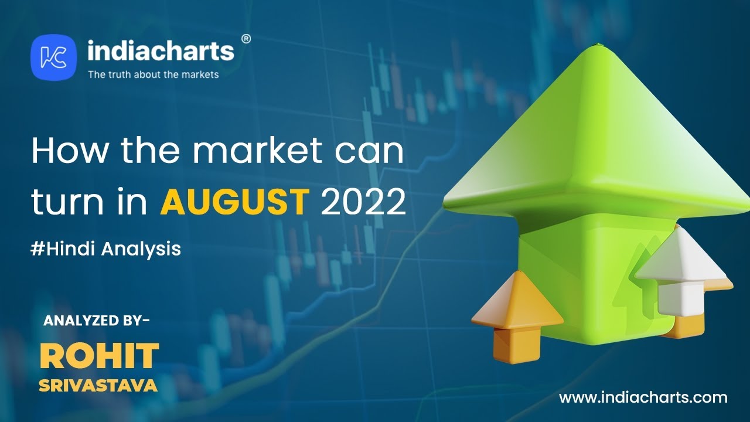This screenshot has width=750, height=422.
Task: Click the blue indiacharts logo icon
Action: click(53, 57)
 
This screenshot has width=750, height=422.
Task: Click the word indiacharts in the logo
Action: click(161, 51)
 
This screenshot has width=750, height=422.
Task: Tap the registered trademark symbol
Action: click(246, 39)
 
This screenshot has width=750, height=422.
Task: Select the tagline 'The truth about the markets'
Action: click(154, 74)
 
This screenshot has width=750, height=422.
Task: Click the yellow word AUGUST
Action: click(234, 202)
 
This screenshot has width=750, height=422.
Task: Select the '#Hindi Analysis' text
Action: click(106, 250)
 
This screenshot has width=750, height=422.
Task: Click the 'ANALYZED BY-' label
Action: click(97, 321)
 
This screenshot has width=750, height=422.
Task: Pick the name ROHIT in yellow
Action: click(99, 355)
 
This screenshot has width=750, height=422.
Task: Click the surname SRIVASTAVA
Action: click(98, 386)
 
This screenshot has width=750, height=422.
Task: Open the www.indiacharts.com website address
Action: click(643, 397)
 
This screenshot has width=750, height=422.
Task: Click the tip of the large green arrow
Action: click(598, 44)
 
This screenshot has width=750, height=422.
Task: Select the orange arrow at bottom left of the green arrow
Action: click(517, 316)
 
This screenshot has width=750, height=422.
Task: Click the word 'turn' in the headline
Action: click(67, 202)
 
